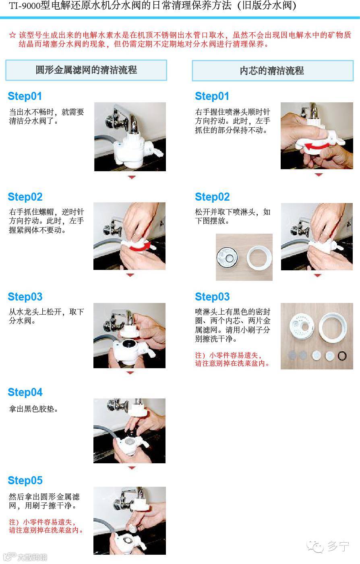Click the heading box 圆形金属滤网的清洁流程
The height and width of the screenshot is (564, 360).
[86, 70]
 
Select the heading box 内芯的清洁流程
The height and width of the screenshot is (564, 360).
[273, 71]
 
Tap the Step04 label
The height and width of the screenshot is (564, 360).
[25, 392]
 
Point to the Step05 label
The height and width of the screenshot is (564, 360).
[25, 480]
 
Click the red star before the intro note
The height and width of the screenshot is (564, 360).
[12, 35]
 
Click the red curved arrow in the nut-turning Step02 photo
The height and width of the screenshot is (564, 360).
[140, 247]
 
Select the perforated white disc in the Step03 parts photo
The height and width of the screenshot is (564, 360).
[302, 327]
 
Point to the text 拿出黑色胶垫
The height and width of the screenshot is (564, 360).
[31, 409]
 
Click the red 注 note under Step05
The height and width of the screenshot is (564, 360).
[46, 527]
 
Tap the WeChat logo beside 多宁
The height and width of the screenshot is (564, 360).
[315, 546]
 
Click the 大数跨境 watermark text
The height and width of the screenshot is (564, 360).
[32, 557]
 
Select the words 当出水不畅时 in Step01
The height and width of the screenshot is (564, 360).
[31, 112]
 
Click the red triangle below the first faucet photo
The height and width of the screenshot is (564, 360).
[132, 177]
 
